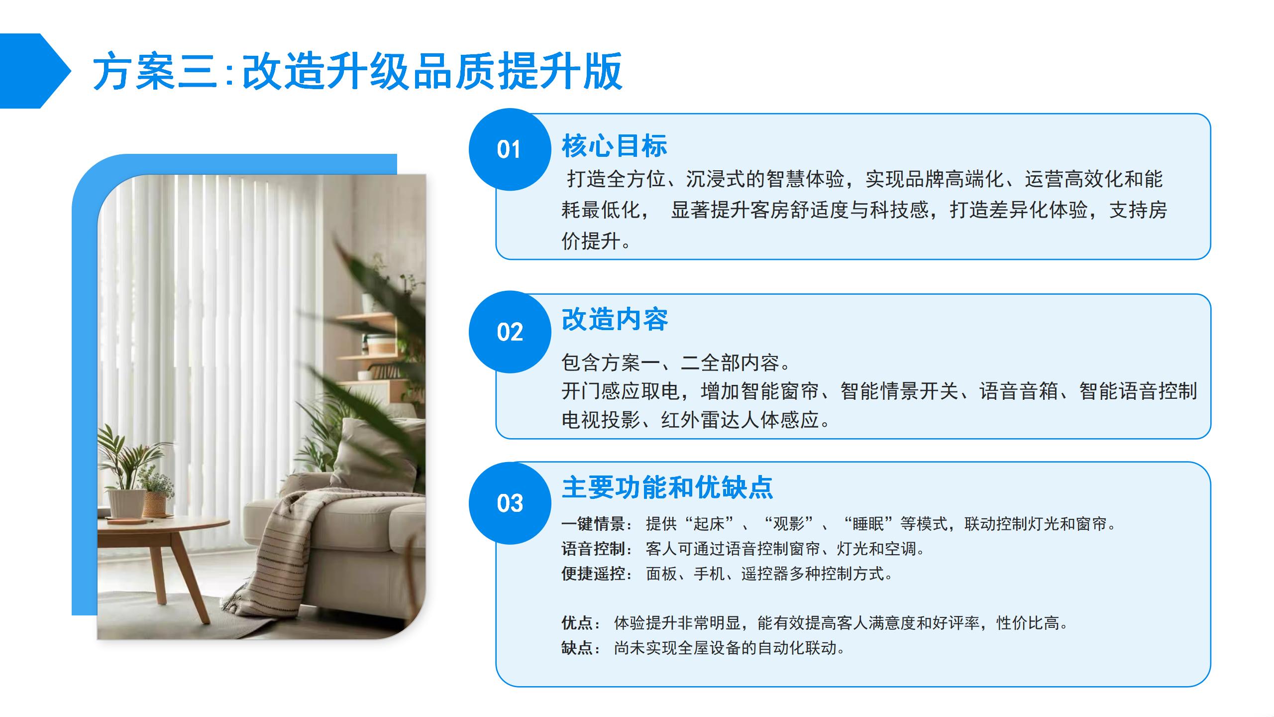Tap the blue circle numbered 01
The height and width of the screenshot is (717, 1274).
tap(510, 149)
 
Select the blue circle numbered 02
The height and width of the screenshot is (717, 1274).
tap(510, 332)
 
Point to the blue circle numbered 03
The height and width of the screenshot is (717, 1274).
tap(510, 503)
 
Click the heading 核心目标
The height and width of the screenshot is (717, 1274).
tap(614, 146)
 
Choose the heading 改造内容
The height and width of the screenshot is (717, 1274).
tap(615, 319)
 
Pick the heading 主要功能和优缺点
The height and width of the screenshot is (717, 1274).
tap(667, 487)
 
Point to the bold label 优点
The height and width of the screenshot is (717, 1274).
tap(577, 622)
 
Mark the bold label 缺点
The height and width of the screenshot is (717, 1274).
tap(577, 648)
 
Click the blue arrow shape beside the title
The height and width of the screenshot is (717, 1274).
tap(35, 71)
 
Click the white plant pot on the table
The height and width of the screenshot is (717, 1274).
tap(126, 503)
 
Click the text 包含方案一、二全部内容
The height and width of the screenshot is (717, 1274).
tap(670, 362)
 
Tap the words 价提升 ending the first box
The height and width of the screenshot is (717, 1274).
tap(591, 241)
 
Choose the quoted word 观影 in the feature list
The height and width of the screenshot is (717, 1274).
tap(788, 524)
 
